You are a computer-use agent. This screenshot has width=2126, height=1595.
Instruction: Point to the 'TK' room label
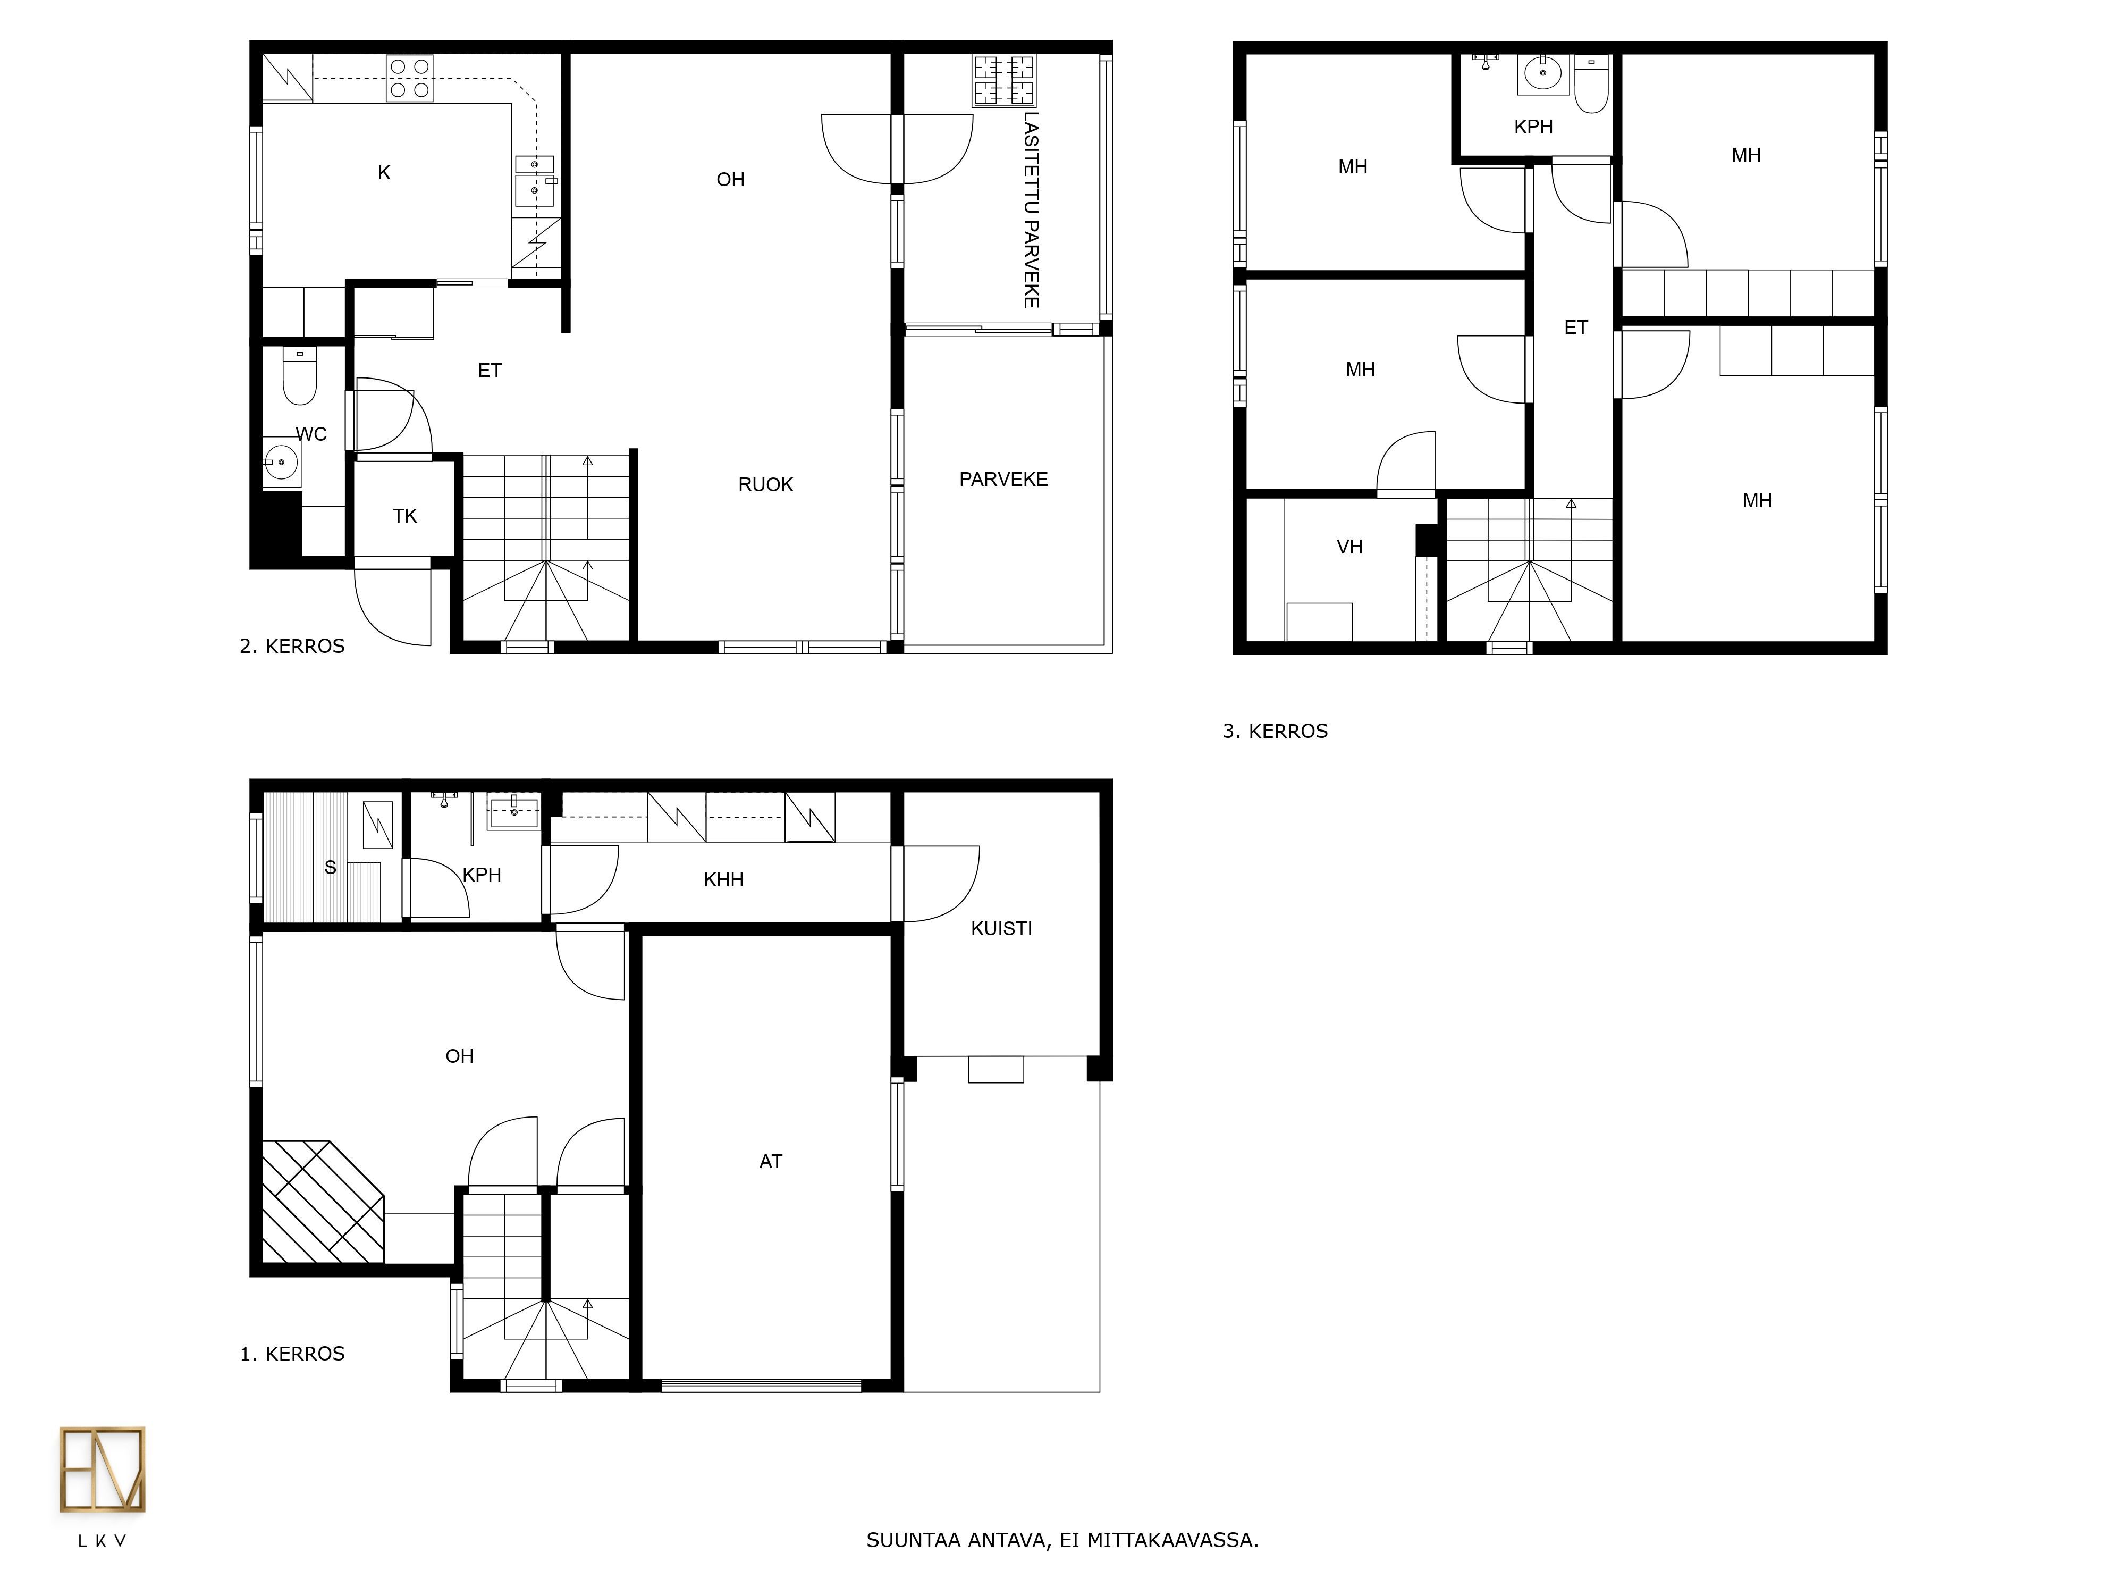tap(404, 516)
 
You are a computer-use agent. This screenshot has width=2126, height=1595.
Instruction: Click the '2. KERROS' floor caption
tap(292, 646)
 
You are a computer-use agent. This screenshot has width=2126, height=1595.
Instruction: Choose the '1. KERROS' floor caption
tap(292, 1354)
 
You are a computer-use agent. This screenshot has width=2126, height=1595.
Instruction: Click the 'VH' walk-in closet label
tap(1349, 547)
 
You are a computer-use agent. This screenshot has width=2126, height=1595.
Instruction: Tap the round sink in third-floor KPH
tap(1542, 74)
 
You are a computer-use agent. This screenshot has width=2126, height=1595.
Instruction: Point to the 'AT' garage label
tap(771, 1161)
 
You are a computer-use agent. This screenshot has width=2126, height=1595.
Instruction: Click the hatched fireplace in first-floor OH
tap(323, 1202)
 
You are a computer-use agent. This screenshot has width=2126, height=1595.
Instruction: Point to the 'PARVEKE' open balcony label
tap(1003, 479)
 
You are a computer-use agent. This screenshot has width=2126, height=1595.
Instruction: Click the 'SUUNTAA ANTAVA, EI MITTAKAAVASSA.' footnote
tap(1062, 1540)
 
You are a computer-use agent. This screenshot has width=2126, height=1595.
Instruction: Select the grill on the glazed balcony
tap(1005, 80)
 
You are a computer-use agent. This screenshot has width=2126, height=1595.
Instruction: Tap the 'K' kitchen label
tap(384, 173)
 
